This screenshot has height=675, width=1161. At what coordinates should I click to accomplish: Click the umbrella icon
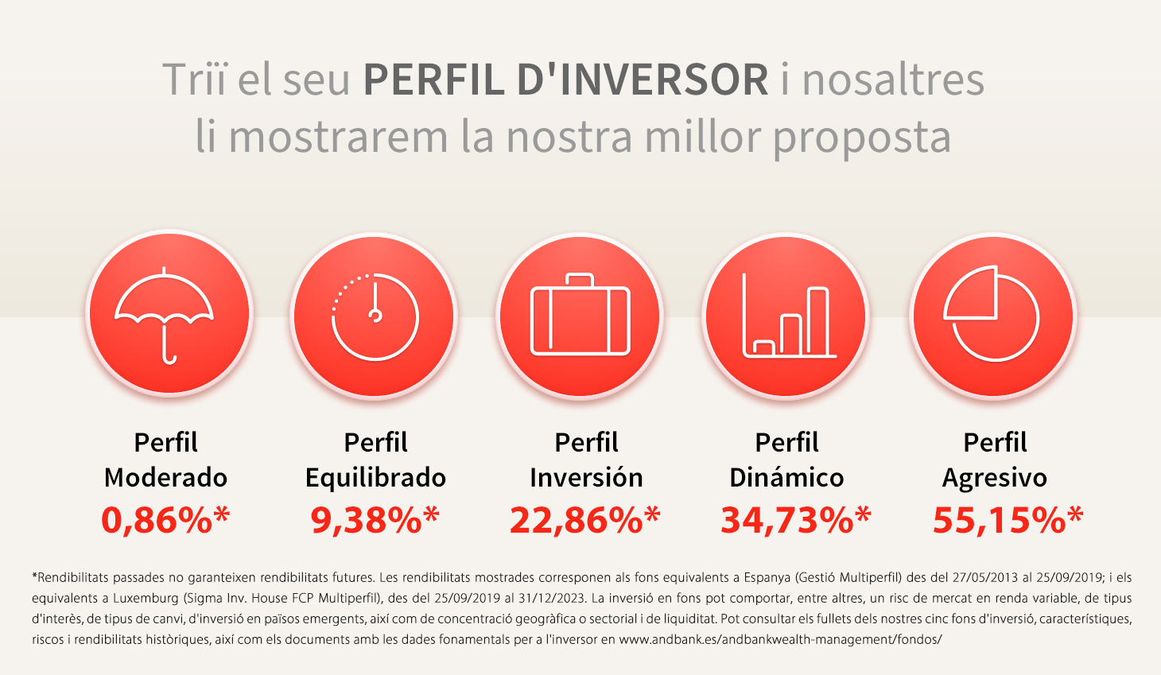tap(165, 315)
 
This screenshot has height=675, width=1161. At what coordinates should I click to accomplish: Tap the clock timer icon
tap(375, 316)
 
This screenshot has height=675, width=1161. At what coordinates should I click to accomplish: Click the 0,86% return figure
tap(165, 520)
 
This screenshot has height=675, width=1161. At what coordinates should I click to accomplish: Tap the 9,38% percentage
tap(375, 520)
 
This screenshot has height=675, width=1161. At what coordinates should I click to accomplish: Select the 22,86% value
tap(584, 520)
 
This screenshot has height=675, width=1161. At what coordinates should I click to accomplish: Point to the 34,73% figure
tap(795, 520)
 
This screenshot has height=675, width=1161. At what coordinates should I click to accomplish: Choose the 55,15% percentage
tap(1008, 520)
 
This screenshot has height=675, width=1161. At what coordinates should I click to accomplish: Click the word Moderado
tap(165, 478)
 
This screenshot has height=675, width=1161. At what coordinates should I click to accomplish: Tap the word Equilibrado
tap(375, 478)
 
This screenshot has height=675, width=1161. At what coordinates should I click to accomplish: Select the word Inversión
tap(586, 478)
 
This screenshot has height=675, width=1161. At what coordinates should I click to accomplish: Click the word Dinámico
tap(786, 478)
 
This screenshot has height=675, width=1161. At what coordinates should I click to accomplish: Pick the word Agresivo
tap(994, 478)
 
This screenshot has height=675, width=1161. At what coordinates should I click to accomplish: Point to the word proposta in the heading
tap(862, 138)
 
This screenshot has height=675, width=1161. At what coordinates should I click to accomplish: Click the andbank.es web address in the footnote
tap(780, 639)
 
